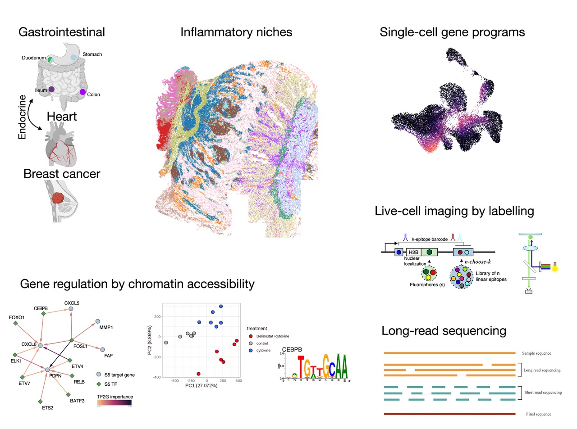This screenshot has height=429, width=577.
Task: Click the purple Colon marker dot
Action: click(x=83, y=92)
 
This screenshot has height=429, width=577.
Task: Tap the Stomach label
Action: click(x=92, y=54)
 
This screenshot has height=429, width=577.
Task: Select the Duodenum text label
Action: click(x=33, y=58)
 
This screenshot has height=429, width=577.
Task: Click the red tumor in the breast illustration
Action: click(x=58, y=198)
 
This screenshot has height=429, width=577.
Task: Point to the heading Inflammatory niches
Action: click(x=236, y=32)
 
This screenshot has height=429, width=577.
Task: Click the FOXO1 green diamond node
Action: click(x=16, y=324)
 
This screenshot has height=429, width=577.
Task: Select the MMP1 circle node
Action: click(x=97, y=321)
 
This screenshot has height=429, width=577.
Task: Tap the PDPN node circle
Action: click(x=48, y=370)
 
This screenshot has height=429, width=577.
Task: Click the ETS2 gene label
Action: click(x=47, y=408)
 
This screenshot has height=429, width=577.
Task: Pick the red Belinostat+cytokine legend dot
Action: click(x=251, y=336)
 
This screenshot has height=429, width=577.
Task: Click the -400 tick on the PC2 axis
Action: click(x=156, y=377)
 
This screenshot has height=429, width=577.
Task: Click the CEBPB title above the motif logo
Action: click(x=292, y=350)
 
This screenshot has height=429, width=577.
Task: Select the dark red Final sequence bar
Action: click(x=449, y=414)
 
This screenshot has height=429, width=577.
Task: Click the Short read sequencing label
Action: click(x=543, y=393)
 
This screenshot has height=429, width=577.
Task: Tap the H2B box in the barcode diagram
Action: click(x=413, y=253)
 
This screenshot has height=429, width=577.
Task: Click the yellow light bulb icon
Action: click(x=555, y=267)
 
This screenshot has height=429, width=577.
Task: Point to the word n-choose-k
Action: click(x=477, y=262)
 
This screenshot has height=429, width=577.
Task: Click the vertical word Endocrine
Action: click(x=22, y=117)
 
